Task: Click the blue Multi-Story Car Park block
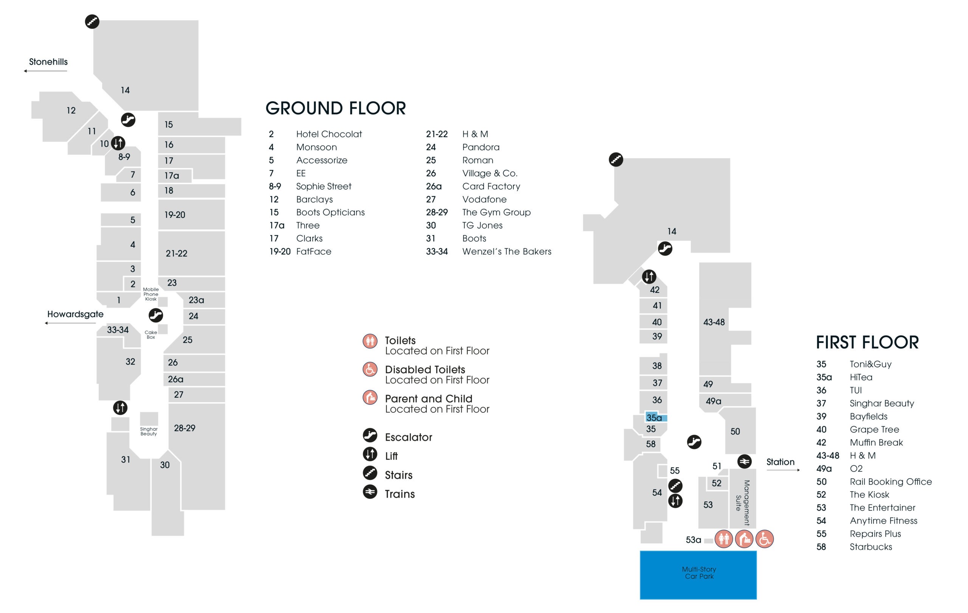point(698,575)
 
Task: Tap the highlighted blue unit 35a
point(656,417)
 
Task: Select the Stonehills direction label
point(48,62)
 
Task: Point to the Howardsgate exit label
point(75,314)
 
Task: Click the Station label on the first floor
point(780,462)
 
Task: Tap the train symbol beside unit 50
point(745,461)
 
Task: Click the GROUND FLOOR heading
point(336,108)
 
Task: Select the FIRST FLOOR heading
point(867,342)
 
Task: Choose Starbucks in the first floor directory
point(871,547)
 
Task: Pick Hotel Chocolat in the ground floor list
point(329,134)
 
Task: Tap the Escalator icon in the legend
point(370,435)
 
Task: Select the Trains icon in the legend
point(370,492)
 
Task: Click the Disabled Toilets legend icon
point(370,369)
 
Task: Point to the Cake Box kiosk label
point(151,335)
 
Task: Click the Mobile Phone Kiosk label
point(151,294)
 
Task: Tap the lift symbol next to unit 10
point(118,143)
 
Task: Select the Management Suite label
point(743,503)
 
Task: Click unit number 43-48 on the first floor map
point(714,322)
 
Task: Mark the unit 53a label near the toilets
point(693,540)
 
